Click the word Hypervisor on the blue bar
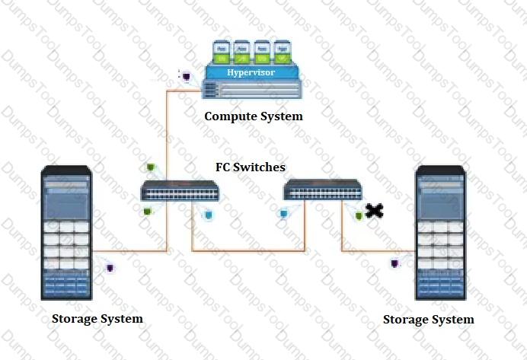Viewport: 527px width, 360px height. [x=251, y=72]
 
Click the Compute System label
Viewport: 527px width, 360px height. [x=253, y=116]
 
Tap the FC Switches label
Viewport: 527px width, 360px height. [x=250, y=167]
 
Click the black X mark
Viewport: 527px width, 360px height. [x=373, y=211]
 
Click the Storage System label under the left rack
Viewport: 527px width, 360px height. [x=97, y=318]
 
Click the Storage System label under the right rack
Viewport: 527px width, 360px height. [x=428, y=320]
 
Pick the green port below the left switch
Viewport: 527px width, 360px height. [x=148, y=211]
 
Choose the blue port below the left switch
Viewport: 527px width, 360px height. [x=208, y=215]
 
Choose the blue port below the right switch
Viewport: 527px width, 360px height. [x=284, y=215]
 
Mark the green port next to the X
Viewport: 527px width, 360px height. [x=358, y=215]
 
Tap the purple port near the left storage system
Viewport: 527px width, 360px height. [x=110, y=267]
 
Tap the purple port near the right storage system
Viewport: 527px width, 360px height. [x=394, y=263]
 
